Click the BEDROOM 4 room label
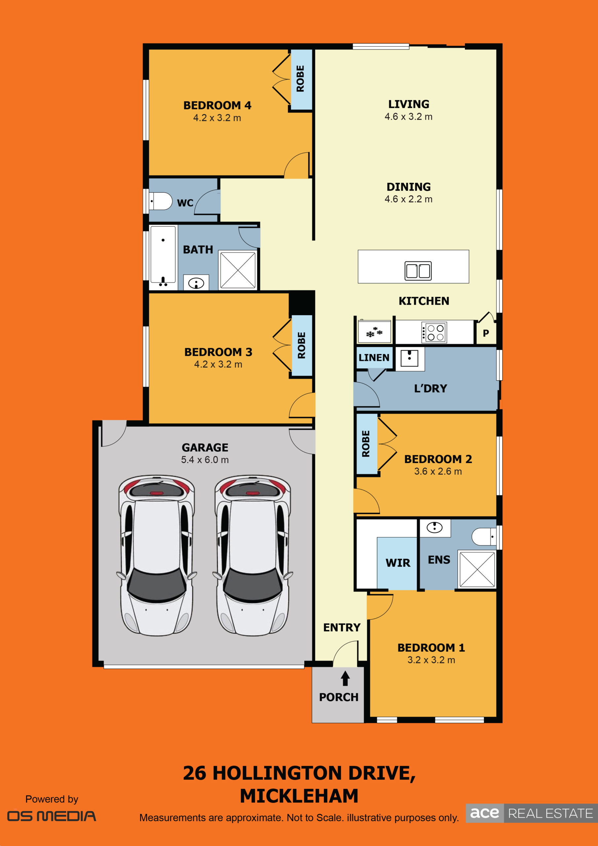coord(217,105)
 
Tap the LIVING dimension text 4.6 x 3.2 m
coord(409,117)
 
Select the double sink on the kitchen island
coord(418,271)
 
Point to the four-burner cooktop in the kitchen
coord(434,332)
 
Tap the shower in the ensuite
coord(477,569)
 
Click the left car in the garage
coord(157,555)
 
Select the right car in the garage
coord(253,555)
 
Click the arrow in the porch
coord(345,678)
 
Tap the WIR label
coord(398,563)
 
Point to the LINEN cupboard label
coord(374,358)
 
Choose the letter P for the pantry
coord(486,333)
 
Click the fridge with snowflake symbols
coord(374,331)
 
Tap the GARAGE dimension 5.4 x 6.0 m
coord(205,460)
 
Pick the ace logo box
coord(485,813)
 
